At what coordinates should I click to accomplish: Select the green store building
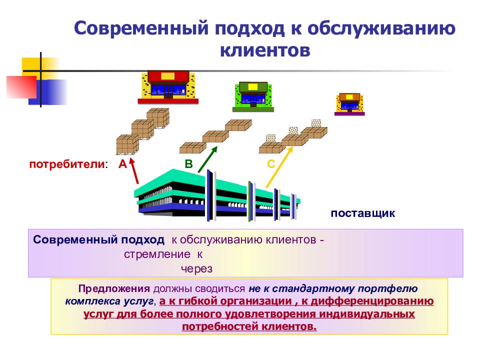click(253, 96)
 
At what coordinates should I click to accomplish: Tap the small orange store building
click(349, 104)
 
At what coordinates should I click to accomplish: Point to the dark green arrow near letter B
click(207, 159)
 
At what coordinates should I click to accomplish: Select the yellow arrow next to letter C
click(279, 167)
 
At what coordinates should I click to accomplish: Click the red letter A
click(123, 164)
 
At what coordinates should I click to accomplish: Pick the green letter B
click(189, 164)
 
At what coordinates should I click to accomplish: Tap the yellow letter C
click(271, 164)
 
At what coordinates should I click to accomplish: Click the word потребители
click(67, 164)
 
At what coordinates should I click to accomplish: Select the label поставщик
click(363, 213)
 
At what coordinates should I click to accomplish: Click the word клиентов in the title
click(265, 50)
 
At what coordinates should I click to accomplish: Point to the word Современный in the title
click(141, 28)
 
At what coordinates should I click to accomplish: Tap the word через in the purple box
click(196, 269)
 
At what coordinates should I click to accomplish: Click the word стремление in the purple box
click(157, 254)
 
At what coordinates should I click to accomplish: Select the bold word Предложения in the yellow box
click(114, 288)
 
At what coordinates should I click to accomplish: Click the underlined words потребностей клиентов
click(249, 326)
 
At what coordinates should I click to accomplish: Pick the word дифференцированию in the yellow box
click(372, 301)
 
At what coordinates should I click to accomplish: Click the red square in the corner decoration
click(21, 87)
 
